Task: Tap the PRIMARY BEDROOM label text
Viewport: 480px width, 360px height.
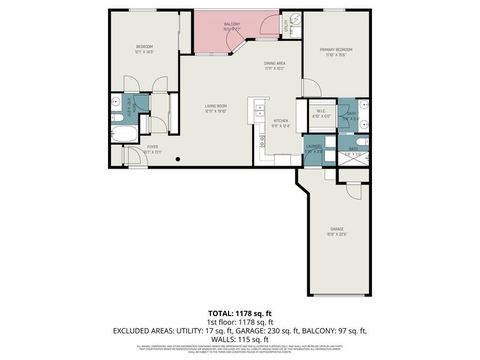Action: pyautogui.click(x=335, y=50)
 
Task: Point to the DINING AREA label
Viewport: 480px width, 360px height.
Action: pyautogui.click(x=274, y=63)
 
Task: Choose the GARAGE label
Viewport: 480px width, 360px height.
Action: pyautogui.click(x=337, y=229)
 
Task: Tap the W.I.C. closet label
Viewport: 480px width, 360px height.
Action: pyautogui.click(x=316, y=111)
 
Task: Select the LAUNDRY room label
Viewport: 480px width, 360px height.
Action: pyautogui.click(x=314, y=147)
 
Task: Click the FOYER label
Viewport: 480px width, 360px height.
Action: pyautogui.click(x=153, y=147)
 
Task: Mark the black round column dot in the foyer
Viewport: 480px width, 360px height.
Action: pyautogui.click(x=178, y=159)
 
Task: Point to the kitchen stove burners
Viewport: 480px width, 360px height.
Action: pyautogui.click(x=262, y=141)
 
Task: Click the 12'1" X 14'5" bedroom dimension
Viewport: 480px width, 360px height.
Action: pyautogui.click(x=144, y=52)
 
